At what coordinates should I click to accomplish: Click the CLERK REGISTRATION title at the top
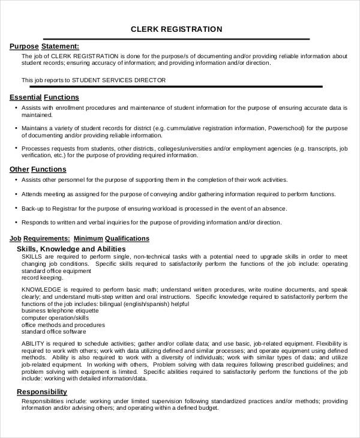176,29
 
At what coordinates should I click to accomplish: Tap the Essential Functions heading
44,97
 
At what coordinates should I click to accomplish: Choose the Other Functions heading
38,169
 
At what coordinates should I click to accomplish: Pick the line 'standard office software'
53,331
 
